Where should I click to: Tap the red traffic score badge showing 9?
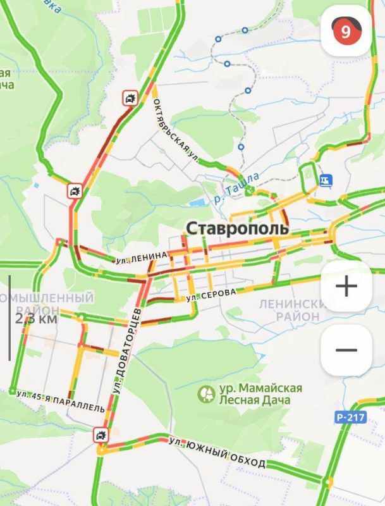345,31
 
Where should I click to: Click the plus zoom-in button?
346,287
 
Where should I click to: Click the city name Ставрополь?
237,228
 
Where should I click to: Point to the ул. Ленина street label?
142,257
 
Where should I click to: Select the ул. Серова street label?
211,294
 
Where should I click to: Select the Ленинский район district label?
291,310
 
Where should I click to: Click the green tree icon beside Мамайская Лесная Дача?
206,394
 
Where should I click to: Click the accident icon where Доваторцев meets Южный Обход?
101,435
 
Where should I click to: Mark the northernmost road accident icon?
130,98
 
